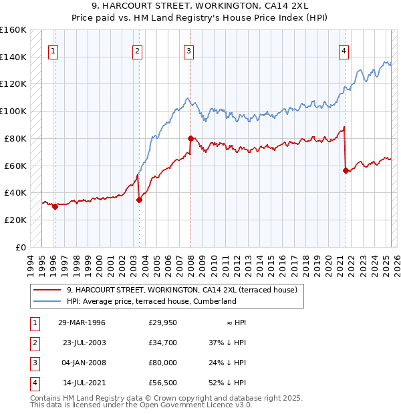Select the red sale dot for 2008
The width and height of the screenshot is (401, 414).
coord(190,138)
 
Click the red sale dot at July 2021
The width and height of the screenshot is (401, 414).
coord(346,170)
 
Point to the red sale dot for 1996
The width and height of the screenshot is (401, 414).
coord(55,206)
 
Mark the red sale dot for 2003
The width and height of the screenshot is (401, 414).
coord(139,200)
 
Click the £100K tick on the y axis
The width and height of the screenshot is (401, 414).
coord(13,111)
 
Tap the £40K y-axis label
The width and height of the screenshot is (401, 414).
coord(15,192)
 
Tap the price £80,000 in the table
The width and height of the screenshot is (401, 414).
coord(162,363)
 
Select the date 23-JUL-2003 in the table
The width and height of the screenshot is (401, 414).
coord(84,343)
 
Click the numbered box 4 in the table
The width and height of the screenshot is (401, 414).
coord(33,383)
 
